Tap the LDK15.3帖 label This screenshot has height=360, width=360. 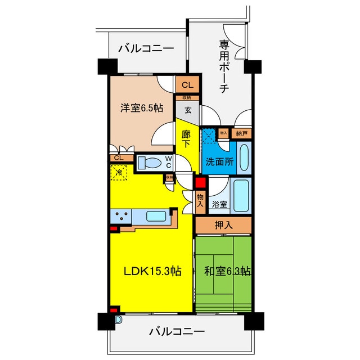(152, 271)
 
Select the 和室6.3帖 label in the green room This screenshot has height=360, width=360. (223, 271)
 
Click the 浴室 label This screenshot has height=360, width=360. (220, 205)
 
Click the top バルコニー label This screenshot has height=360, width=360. (146, 48)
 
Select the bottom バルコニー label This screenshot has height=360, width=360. (177, 331)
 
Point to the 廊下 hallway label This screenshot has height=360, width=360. (187, 139)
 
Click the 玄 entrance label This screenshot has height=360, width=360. (188, 110)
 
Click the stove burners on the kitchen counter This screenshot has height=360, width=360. (121, 215)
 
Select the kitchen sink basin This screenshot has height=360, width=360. (157, 215)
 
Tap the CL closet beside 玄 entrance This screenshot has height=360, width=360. (187, 85)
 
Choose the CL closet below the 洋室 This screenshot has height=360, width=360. (119, 158)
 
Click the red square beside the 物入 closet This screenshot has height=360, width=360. (200, 182)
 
